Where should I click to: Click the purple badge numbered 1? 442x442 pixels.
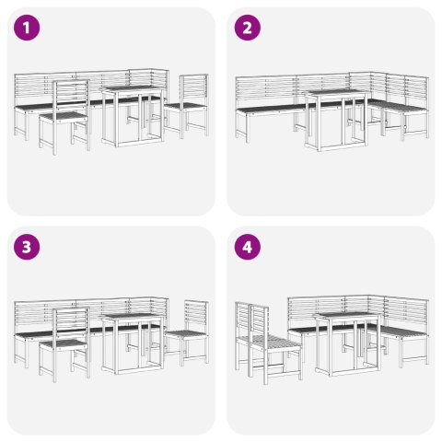pos(27,28)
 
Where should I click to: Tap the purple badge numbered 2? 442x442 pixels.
pos(248,28)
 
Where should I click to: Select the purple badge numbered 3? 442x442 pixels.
pos(27,247)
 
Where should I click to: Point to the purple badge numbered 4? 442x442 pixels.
pos(248,247)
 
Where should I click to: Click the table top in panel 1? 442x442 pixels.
pos(132,89)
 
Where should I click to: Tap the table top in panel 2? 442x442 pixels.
pos(336,93)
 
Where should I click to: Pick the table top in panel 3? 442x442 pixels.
pos(132,318)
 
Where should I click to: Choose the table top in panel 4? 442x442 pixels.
pos(346,316)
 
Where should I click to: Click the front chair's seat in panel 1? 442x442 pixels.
pos(64,118)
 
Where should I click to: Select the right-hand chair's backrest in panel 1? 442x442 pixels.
pos(194,89)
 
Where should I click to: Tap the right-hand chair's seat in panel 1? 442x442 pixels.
pos(185,107)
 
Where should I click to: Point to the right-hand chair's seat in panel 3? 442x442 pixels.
pos(185,334)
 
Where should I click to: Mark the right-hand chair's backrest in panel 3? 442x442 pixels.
pos(196,316)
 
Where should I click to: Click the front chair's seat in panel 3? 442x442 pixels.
pos(64,345)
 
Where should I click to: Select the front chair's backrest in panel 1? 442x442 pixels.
pos(71,95)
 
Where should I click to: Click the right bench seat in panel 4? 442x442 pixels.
pos(402,333)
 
